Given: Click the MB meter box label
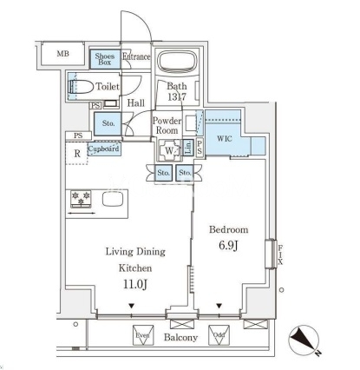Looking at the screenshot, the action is point(62,54).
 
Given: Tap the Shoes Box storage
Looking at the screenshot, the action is point(105,59).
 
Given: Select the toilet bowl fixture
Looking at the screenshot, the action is point(82,86).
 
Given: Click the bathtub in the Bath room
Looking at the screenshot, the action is point(177,62).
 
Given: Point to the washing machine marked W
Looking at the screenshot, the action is point(169,150).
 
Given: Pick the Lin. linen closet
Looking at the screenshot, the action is point(188,148).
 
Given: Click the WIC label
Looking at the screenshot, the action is point(225,139).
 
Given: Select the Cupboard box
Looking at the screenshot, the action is point(104,149).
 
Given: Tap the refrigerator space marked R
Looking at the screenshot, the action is point(77,154).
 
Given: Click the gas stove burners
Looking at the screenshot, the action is point(81,199).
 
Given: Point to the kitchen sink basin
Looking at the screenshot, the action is point(113,199).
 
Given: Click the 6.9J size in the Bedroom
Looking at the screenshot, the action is point(228,246).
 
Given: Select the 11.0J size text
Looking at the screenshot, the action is point(135,284).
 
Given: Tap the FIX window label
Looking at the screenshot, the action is point(280,254).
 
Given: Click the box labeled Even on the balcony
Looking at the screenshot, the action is point(143,335).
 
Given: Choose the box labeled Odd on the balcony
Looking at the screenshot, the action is point(219,335).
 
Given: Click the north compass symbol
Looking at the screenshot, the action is point(304,340).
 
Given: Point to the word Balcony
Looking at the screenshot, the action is point(180,337).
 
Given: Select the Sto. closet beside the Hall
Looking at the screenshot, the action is point(108,123).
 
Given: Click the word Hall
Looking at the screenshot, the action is point(136,102).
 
